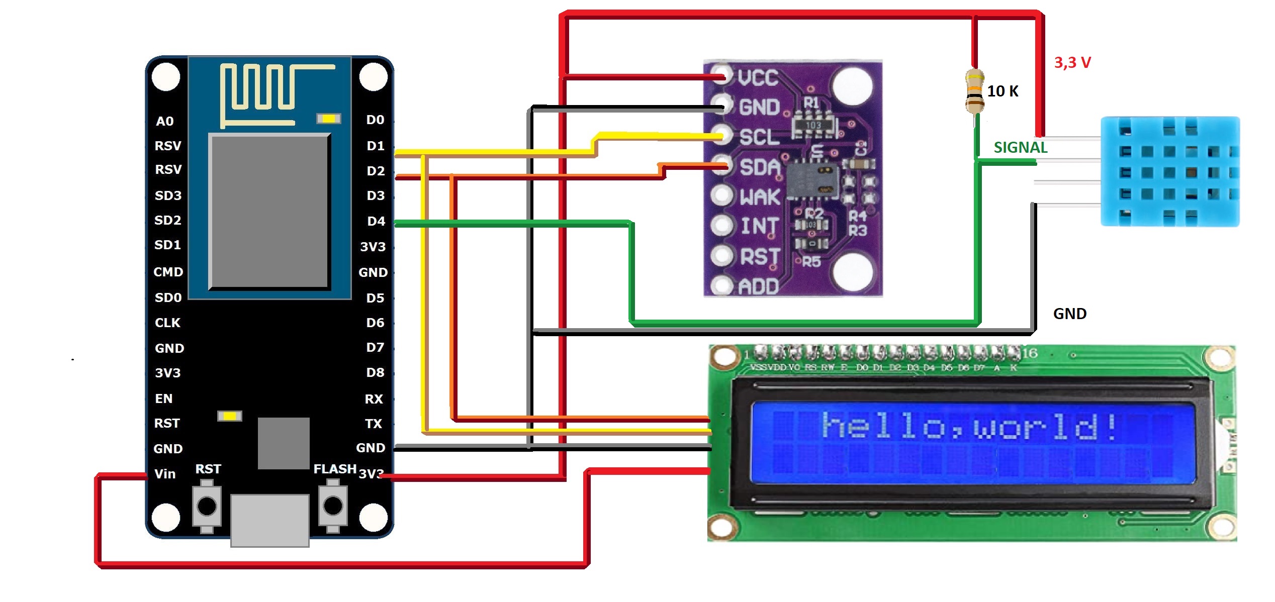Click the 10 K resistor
(x=975, y=91)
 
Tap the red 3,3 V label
(x=1072, y=63)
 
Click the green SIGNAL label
(x=1020, y=148)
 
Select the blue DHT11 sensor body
(x=1170, y=171)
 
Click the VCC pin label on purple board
(x=758, y=78)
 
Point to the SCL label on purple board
(x=759, y=137)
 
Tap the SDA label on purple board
(x=760, y=167)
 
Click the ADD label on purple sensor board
(x=758, y=287)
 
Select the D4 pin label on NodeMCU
(x=376, y=222)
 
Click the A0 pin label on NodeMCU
(x=164, y=122)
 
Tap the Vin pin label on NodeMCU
(x=165, y=474)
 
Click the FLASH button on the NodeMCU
(x=332, y=506)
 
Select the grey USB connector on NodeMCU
(x=269, y=520)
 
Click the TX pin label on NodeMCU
(x=374, y=424)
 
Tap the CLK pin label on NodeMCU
(x=167, y=323)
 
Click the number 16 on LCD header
(x=1030, y=353)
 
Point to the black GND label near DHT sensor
(x=1069, y=314)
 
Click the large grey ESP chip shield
(x=269, y=211)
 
